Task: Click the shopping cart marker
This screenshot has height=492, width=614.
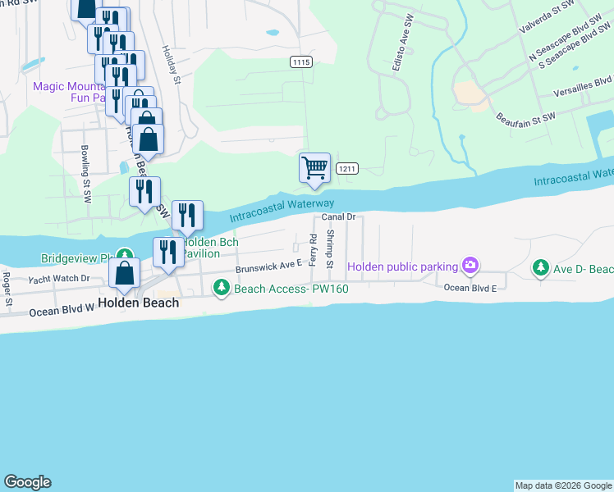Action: [314, 167]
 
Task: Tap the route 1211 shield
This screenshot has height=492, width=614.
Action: [347, 169]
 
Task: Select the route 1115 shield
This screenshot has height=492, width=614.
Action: [301, 61]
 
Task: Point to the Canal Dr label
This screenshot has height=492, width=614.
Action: [337, 216]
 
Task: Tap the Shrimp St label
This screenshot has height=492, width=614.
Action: [329, 248]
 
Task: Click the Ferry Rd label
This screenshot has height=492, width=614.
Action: [313, 249]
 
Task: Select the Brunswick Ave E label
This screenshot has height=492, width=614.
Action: [269, 266]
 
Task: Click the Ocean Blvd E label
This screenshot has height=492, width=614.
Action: [470, 288]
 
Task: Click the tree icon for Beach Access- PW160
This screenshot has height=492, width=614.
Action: [221, 287]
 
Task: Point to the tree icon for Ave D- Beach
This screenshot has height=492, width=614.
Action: [540, 268]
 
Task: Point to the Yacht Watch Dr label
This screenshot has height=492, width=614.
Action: [59, 279]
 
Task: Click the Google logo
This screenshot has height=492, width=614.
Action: [27, 482]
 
